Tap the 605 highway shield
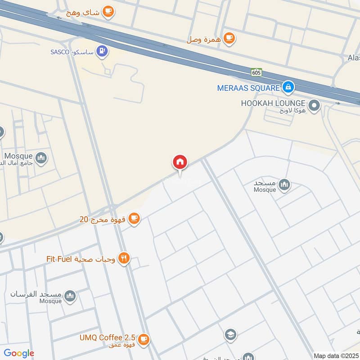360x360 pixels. coord(256,72)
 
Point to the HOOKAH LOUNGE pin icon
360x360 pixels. coord(315,106)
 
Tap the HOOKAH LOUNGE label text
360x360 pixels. coord(273,103)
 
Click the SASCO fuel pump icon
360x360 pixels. coord(103,52)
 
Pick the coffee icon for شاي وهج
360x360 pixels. coord(108,12)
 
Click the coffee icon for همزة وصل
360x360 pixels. coord(229,38)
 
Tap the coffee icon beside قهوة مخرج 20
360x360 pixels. coord(134,219)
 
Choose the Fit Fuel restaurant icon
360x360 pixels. coord(124,258)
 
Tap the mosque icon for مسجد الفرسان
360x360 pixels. coord(70,296)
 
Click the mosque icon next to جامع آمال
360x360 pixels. coord(41,158)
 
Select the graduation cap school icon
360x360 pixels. coord(230,334)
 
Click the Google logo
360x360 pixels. coord(19,354)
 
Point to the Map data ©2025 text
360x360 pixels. coord(336,356)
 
